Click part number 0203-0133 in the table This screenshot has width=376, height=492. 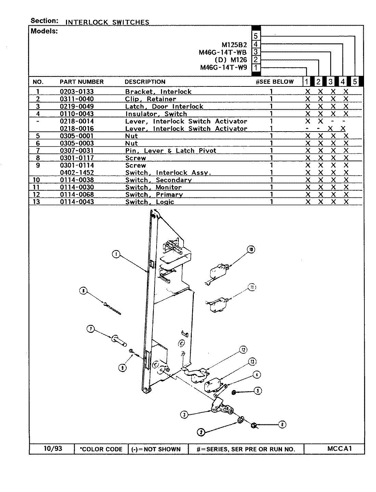[x=77, y=92]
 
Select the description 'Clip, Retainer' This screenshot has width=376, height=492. [x=150, y=99]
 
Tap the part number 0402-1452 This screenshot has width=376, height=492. [x=77, y=173]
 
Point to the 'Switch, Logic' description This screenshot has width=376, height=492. [x=150, y=202]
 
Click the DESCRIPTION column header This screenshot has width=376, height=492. [x=145, y=82]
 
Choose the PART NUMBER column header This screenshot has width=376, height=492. [x=81, y=82]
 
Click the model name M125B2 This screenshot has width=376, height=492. [x=234, y=45]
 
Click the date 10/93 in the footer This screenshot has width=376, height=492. [x=53, y=448]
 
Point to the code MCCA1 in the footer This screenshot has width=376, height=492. [x=339, y=449]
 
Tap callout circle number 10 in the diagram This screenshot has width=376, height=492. [x=251, y=250]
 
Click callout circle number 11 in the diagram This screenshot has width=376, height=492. [x=252, y=287]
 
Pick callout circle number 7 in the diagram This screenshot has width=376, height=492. [x=91, y=329]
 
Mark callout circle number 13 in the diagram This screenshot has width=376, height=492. [x=252, y=362]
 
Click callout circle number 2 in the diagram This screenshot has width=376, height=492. [x=201, y=432]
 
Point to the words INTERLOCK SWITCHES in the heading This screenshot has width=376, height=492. [x=107, y=22]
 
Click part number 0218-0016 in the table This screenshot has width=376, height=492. [x=77, y=128]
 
